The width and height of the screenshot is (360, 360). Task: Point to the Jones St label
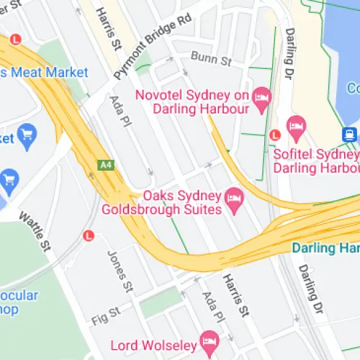(120, 270)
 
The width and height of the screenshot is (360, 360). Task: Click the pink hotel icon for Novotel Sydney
(261, 95)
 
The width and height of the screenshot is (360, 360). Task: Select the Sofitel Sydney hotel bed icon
(296, 130)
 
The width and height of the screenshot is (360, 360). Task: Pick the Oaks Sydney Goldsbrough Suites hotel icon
(233, 196)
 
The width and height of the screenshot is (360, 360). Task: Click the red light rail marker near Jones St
(89, 235)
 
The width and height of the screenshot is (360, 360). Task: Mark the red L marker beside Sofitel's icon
(274, 134)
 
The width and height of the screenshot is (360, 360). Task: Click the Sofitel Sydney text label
(315, 154)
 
